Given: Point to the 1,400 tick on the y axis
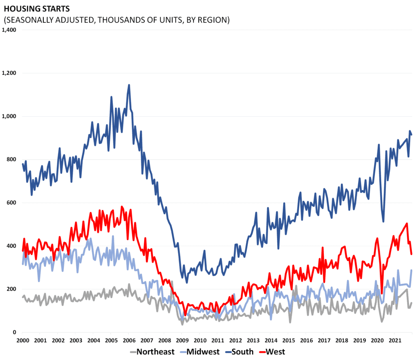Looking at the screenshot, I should tap(9, 30).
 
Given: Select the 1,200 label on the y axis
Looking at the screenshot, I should tap(9, 73).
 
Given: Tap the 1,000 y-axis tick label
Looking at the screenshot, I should tap(9, 116).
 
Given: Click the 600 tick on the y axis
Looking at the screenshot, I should tap(11, 203).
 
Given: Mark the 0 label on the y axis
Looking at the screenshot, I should tap(14, 332).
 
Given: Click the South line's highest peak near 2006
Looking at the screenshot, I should tap(129, 85).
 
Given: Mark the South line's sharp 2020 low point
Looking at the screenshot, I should tap(383, 221).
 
